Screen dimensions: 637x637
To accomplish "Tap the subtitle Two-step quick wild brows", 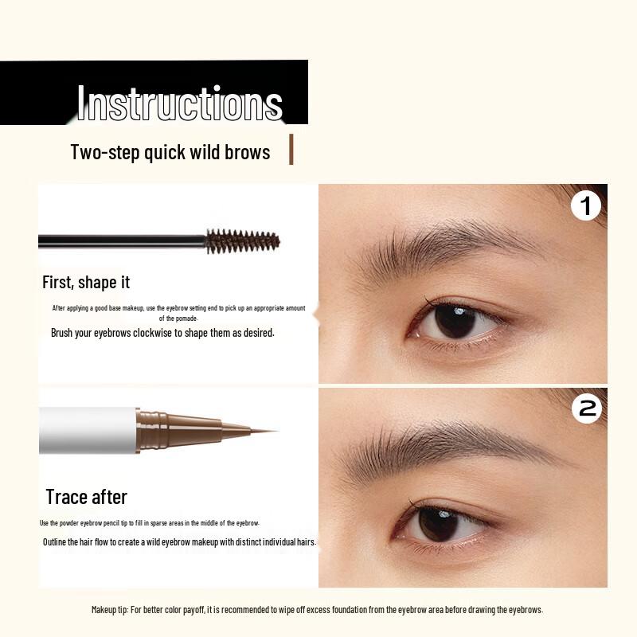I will (x=170, y=151).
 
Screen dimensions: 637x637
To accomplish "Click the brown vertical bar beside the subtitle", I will (x=291, y=150).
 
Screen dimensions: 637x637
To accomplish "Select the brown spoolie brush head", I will (x=243, y=240).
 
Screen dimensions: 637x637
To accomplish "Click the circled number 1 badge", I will (x=587, y=206).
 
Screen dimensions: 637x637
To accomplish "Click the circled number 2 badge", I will (x=587, y=408).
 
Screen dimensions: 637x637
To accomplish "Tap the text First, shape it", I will (x=86, y=282).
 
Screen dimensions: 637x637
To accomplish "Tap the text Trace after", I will (x=86, y=497).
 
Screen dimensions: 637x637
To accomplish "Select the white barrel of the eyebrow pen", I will (x=88, y=431).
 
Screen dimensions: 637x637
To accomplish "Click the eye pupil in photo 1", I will (x=455, y=321).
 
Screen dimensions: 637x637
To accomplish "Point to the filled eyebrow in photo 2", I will (x=446, y=446).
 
